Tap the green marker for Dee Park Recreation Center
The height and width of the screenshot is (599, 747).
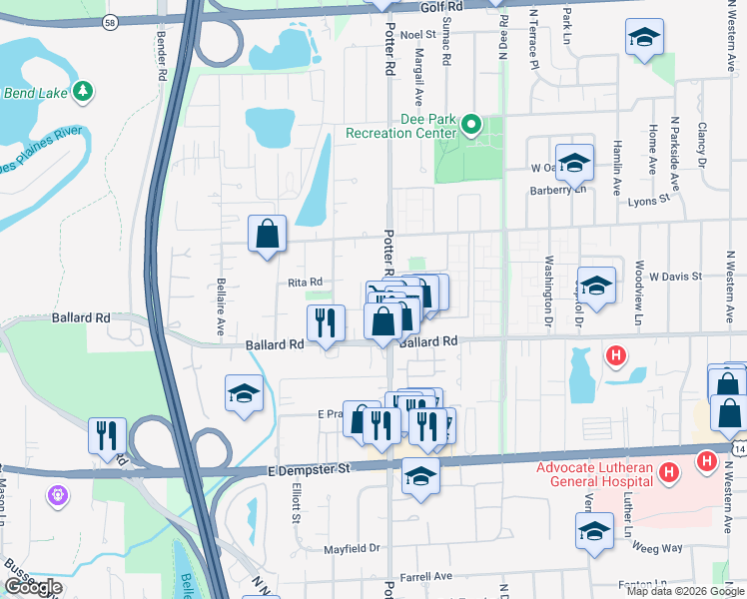click(472, 125)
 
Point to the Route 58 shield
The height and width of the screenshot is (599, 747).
click(108, 20)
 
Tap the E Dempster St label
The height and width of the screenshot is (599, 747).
click(312, 468)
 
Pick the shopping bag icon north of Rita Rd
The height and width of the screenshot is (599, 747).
click(268, 235)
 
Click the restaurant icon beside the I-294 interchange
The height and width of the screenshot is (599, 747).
click(107, 436)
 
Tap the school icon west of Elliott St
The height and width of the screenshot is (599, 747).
click(244, 394)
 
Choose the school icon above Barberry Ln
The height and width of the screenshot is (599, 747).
click(575, 162)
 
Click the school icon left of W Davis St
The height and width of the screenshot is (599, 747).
click(596, 287)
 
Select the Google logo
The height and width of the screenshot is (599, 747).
click(33, 588)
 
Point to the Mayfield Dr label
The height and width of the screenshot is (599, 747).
click(353, 548)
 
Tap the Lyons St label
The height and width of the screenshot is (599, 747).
click(650, 200)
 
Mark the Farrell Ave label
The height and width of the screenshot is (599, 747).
click(426, 576)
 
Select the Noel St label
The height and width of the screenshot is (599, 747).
click(418, 34)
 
